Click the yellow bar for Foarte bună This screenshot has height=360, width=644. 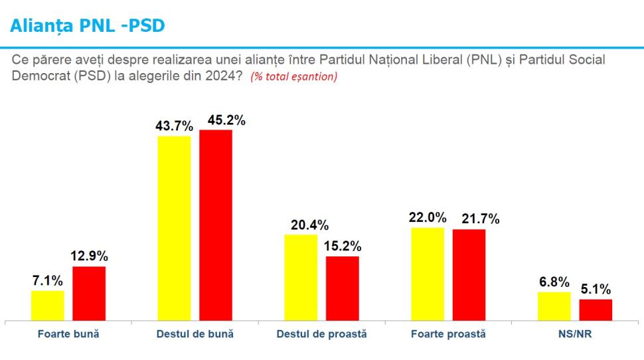coord(48,306)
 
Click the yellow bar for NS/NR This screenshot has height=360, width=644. coord(554,306)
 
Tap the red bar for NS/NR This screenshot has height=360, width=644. coord(596,310)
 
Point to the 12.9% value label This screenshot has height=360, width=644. coord(90,256)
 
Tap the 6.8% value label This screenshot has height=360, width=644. coord(554,282)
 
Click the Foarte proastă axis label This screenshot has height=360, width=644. coord(448,334)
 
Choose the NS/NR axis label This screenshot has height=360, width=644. coord(575,334)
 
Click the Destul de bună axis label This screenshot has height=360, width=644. coord(195,334)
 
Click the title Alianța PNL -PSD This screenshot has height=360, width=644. coord(87,26)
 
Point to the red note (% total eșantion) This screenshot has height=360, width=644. coord(293,76)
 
